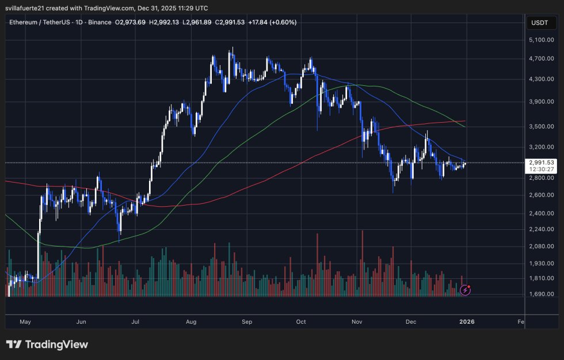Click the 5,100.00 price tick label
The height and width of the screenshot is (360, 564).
[x=540, y=40]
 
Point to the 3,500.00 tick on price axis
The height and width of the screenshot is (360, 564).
[x=540, y=126]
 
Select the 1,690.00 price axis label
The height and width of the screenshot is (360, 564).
[x=540, y=294]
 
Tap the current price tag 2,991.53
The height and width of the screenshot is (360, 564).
[x=540, y=162]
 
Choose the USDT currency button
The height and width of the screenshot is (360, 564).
[x=540, y=23]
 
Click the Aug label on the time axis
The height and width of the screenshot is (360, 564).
[x=192, y=323]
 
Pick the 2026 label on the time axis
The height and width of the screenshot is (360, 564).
[x=467, y=323]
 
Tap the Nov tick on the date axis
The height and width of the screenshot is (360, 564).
[x=357, y=323]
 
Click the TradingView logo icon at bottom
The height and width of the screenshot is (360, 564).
[x=14, y=344]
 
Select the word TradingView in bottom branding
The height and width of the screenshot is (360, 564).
[x=56, y=344]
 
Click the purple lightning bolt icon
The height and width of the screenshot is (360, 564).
[x=466, y=290]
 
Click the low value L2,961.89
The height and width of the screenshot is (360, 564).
[x=197, y=23]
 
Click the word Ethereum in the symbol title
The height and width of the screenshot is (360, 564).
[x=25, y=23]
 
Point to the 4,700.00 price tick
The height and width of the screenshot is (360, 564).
[x=540, y=58]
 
